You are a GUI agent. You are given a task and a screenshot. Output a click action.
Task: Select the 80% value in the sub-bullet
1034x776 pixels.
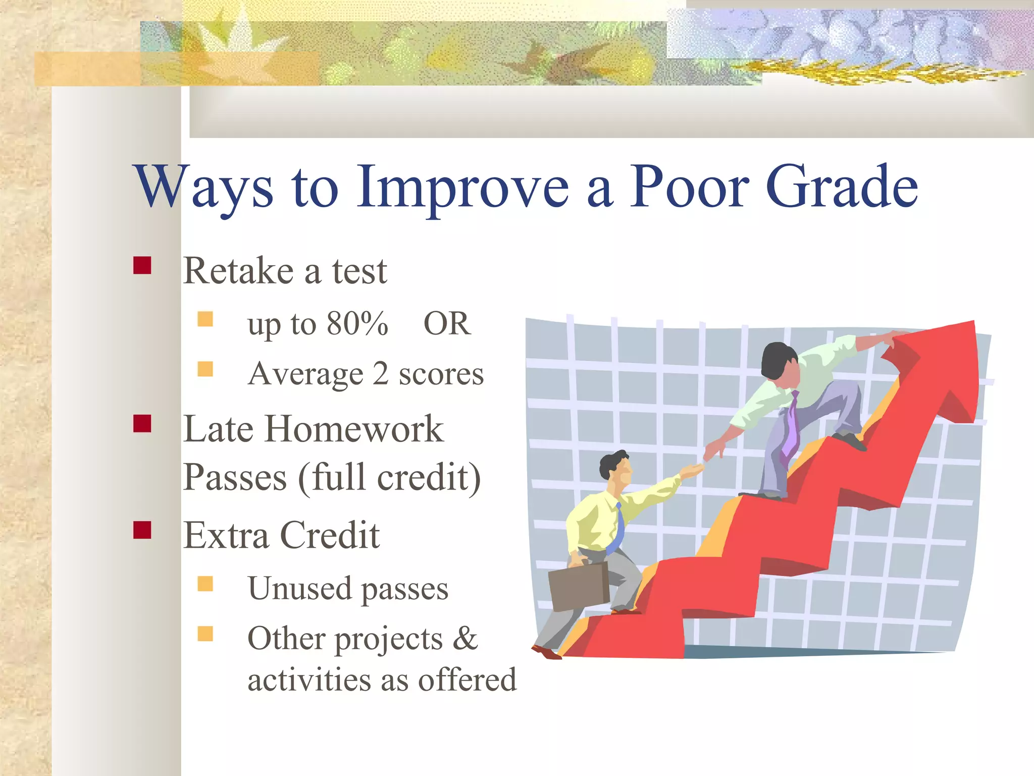[x=357, y=324]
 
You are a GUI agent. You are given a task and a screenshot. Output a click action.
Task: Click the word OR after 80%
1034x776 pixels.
[x=447, y=324]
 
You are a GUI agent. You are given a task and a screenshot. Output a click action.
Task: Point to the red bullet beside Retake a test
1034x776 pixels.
[x=142, y=265]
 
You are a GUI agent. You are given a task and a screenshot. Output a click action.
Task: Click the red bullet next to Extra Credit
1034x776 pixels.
[x=142, y=530]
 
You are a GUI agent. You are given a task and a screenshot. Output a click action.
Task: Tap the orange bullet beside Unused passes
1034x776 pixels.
[x=205, y=584]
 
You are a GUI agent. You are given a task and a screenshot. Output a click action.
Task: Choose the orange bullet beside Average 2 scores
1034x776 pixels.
[x=205, y=369]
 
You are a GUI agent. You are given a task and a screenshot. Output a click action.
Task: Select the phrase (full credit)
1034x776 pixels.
[x=389, y=477]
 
